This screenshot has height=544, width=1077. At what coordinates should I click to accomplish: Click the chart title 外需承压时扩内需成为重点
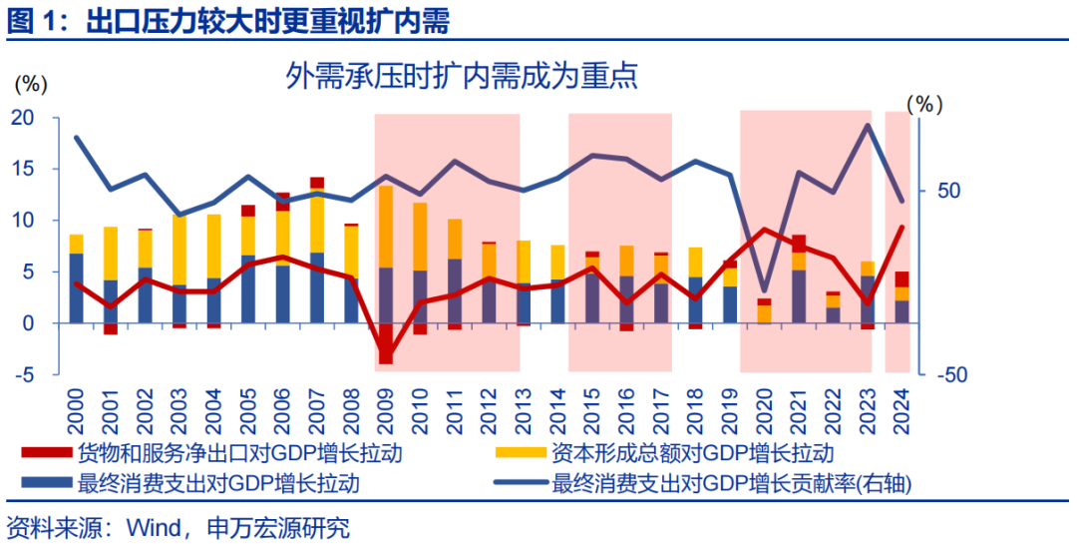pyautogui.click(x=462, y=76)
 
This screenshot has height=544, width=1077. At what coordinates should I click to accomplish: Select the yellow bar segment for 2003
pyautogui.click(x=179, y=250)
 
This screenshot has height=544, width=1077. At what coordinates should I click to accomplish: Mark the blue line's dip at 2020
pyautogui.click(x=764, y=289)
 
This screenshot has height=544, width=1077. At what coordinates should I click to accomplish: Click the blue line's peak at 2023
pyautogui.click(x=868, y=126)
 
